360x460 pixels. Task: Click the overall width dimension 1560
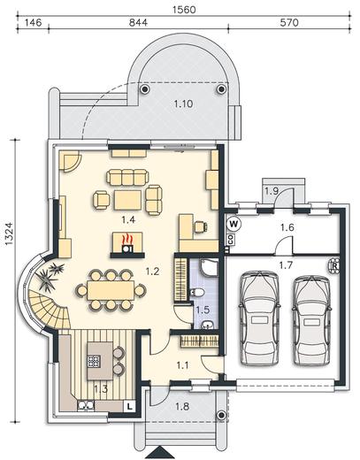click(x=184, y=10)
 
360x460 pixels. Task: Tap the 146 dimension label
click(x=33, y=22)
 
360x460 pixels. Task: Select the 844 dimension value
click(x=138, y=22)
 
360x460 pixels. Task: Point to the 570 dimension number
click(x=289, y=22)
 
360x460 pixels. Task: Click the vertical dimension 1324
click(x=9, y=234)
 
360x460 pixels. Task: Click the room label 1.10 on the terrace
click(x=183, y=103)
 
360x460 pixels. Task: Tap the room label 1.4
click(x=128, y=219)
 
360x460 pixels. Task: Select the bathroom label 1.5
click(x=203, y=310)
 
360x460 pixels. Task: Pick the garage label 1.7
click(x=286, y=265)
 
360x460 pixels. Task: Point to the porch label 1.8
click(x=182, y=407)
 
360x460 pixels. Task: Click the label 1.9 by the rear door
click(x=272, y=191)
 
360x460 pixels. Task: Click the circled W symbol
click(x=234, y=224)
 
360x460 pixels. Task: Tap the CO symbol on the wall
click(x=231, y=240)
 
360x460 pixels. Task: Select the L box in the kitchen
click(x=129, y=407)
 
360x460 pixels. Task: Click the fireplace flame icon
click(x=126, y=238)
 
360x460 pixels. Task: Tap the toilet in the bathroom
click(x=197, y=293)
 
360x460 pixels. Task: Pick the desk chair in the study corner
click(x=201, y=226)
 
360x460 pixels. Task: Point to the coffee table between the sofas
click(x=128, y=200)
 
